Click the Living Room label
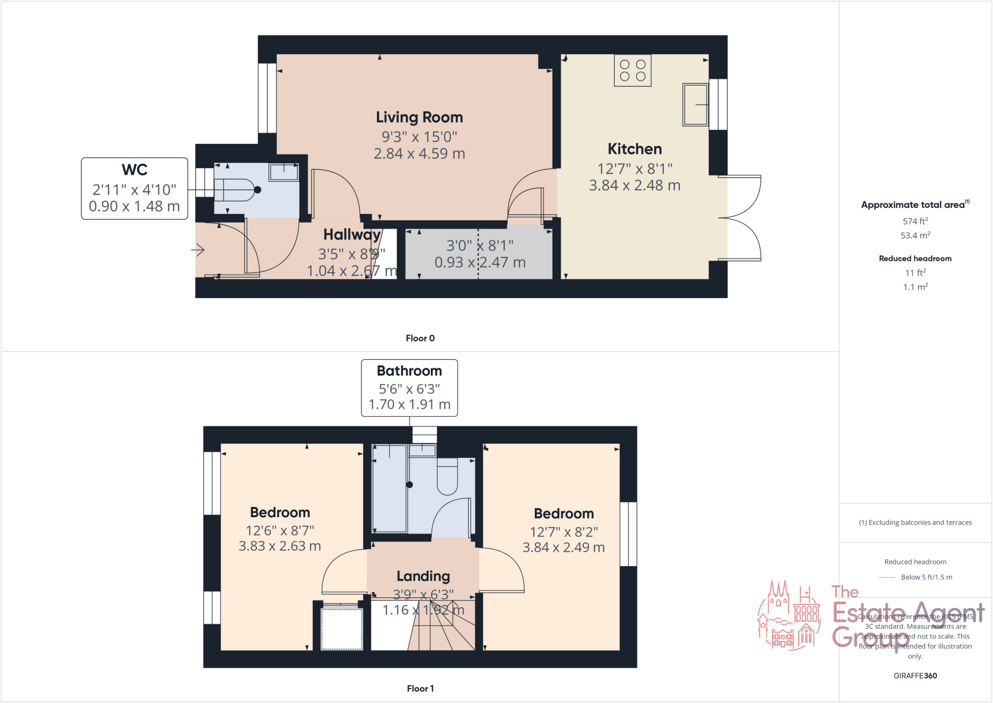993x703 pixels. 419,117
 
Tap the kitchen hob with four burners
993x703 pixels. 632,71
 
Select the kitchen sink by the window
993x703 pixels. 695,104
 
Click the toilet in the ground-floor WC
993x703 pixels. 235,190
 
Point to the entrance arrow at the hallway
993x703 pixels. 197,250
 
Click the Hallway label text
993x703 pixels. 352,235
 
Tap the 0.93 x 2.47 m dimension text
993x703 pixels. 480,262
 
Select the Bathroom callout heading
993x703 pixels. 409,371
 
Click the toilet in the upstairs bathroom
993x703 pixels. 447,478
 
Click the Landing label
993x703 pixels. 423,576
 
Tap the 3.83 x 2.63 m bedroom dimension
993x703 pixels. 280,546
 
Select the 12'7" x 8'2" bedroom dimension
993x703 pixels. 563,532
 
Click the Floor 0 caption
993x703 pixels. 420,338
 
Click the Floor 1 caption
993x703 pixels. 420,688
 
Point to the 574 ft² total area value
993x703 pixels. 915,221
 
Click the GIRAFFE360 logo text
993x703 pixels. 915,675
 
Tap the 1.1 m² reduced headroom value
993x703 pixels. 915,287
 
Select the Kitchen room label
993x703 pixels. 634,149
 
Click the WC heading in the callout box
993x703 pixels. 134,170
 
